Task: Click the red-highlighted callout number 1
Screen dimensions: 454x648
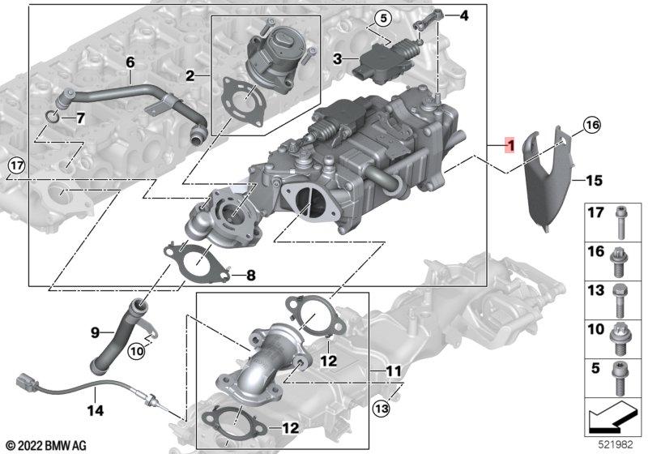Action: point(508,145)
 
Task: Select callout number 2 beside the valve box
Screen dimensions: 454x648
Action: point(190,77)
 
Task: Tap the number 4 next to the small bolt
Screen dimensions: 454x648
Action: point(463,15)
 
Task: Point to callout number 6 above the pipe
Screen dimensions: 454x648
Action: point(130,62)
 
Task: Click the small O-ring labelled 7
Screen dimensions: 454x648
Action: point(51,120)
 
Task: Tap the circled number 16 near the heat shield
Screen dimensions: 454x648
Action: point(592,124)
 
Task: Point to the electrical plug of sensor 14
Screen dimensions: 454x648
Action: point(25,381)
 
